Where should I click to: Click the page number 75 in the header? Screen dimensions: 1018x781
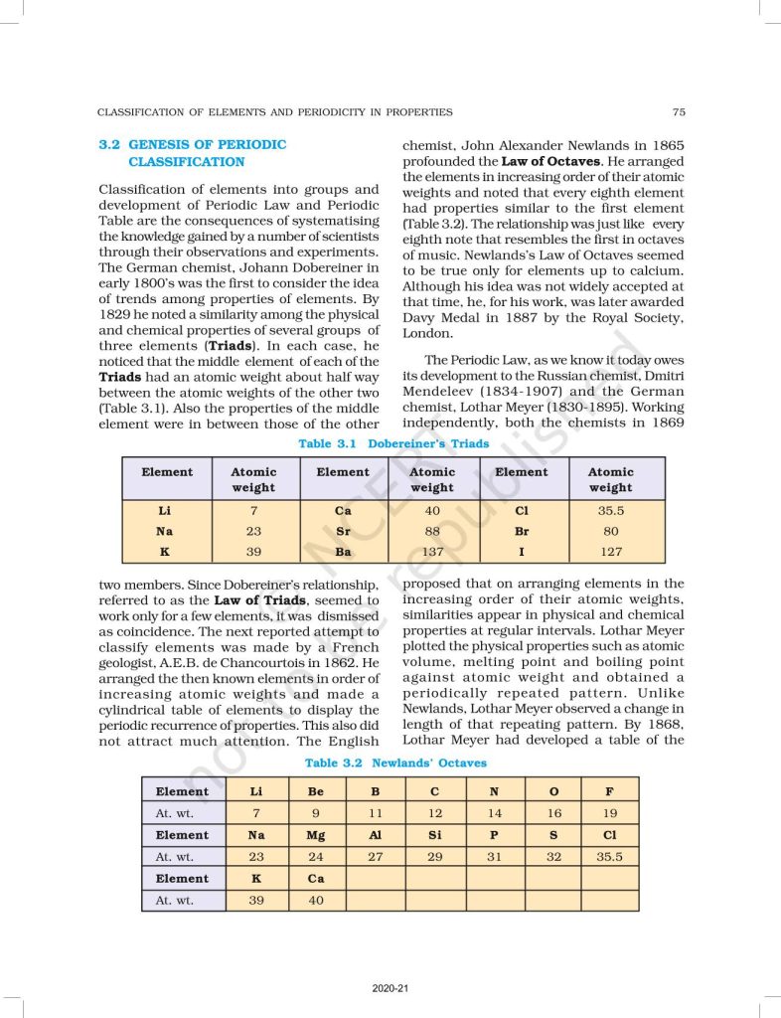tap(678, 112)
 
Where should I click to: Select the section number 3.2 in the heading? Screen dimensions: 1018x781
tap(109, 145)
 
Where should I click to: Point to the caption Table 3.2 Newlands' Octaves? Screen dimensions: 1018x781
tap(395, 763)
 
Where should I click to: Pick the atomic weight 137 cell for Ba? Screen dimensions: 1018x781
tap(432, 552)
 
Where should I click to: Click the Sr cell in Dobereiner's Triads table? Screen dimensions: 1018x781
tap(343, 531)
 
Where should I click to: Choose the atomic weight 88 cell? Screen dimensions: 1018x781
tap(432, 531)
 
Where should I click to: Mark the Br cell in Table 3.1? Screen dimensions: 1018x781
tap(521, 531)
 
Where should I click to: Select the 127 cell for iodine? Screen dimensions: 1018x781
tap(610, 552)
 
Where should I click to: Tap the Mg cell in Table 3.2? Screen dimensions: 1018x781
tap(316, 835)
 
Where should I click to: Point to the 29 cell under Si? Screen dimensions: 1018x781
tap(435, 856)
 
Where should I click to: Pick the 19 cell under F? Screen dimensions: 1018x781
tap(609, 813)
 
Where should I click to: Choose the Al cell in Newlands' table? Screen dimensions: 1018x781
tap(376, 835)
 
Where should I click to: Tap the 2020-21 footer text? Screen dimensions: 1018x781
tap(390, 988)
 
